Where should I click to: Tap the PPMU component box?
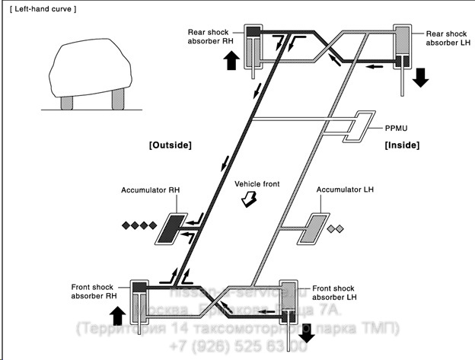[355, 129]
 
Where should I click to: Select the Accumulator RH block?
[172, 228]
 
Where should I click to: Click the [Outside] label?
[171, 145]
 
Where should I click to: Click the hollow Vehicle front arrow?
[247, 200]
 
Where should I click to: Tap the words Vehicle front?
[249, 185]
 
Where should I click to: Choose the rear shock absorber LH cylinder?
[402, 47]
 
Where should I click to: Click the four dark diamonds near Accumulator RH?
[138, 226]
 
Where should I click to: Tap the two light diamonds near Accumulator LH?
[336, 228]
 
